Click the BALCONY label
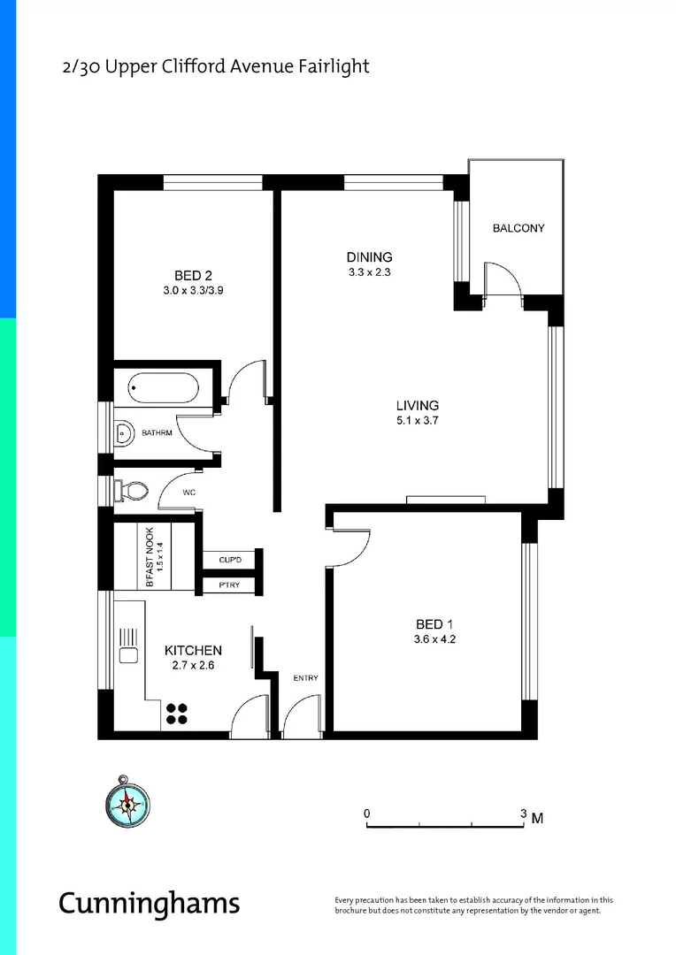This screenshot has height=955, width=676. click(x=519, y=228)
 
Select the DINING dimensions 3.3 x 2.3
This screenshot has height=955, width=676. click(x=369, y=272)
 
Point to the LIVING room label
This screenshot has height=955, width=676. click(x=418, y=406)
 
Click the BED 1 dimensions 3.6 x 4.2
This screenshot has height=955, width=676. click(x=434, y=639)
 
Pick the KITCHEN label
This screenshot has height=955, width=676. click(x=194, y=651)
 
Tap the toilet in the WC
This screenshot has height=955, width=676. click(x=134, y=489)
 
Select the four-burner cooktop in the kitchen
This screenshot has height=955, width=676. click(x=178, y=713)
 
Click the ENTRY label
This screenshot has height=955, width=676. click(x=305, y=678)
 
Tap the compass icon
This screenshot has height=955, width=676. click(x=125, y=802)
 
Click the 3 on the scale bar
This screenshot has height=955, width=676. click(x=523, y=814)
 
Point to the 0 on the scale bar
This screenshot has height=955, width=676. click(x=367, y=814)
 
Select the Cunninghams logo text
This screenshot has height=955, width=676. click(x=149, y=904)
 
